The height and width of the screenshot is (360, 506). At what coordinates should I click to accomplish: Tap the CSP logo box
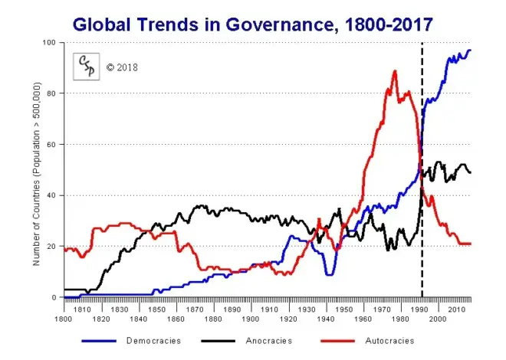[87, 67]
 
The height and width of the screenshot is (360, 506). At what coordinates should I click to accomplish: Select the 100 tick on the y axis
[51, 42]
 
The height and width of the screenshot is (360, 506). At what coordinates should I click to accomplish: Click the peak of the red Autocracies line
[395, 71]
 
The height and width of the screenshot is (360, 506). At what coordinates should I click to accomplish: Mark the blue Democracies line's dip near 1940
[329, 274]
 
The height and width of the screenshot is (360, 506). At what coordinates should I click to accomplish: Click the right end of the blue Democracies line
[470, 50]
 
